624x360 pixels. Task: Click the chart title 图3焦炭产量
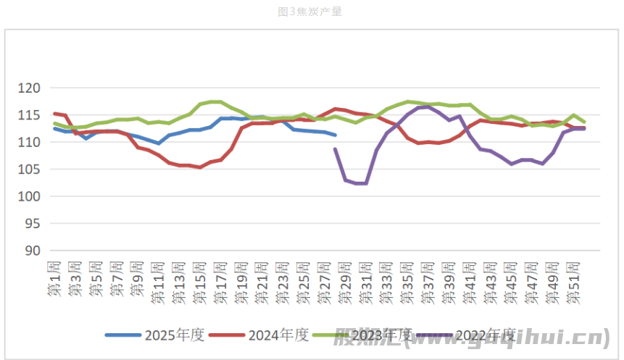coord(309,12)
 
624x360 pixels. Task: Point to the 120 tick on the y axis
coord(33,88)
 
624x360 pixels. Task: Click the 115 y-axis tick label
coord(33,115)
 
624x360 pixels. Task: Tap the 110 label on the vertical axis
coord(33,143)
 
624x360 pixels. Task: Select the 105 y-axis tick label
coord(33,169)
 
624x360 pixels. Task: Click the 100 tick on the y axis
coord(33,197)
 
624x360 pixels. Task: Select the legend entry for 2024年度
coord(278,335)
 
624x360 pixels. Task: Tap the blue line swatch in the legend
coord(123,335)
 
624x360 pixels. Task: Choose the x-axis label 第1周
coord(54,280)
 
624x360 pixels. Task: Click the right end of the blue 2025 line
coord(335,135)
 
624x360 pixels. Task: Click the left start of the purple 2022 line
coord(335,149)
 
